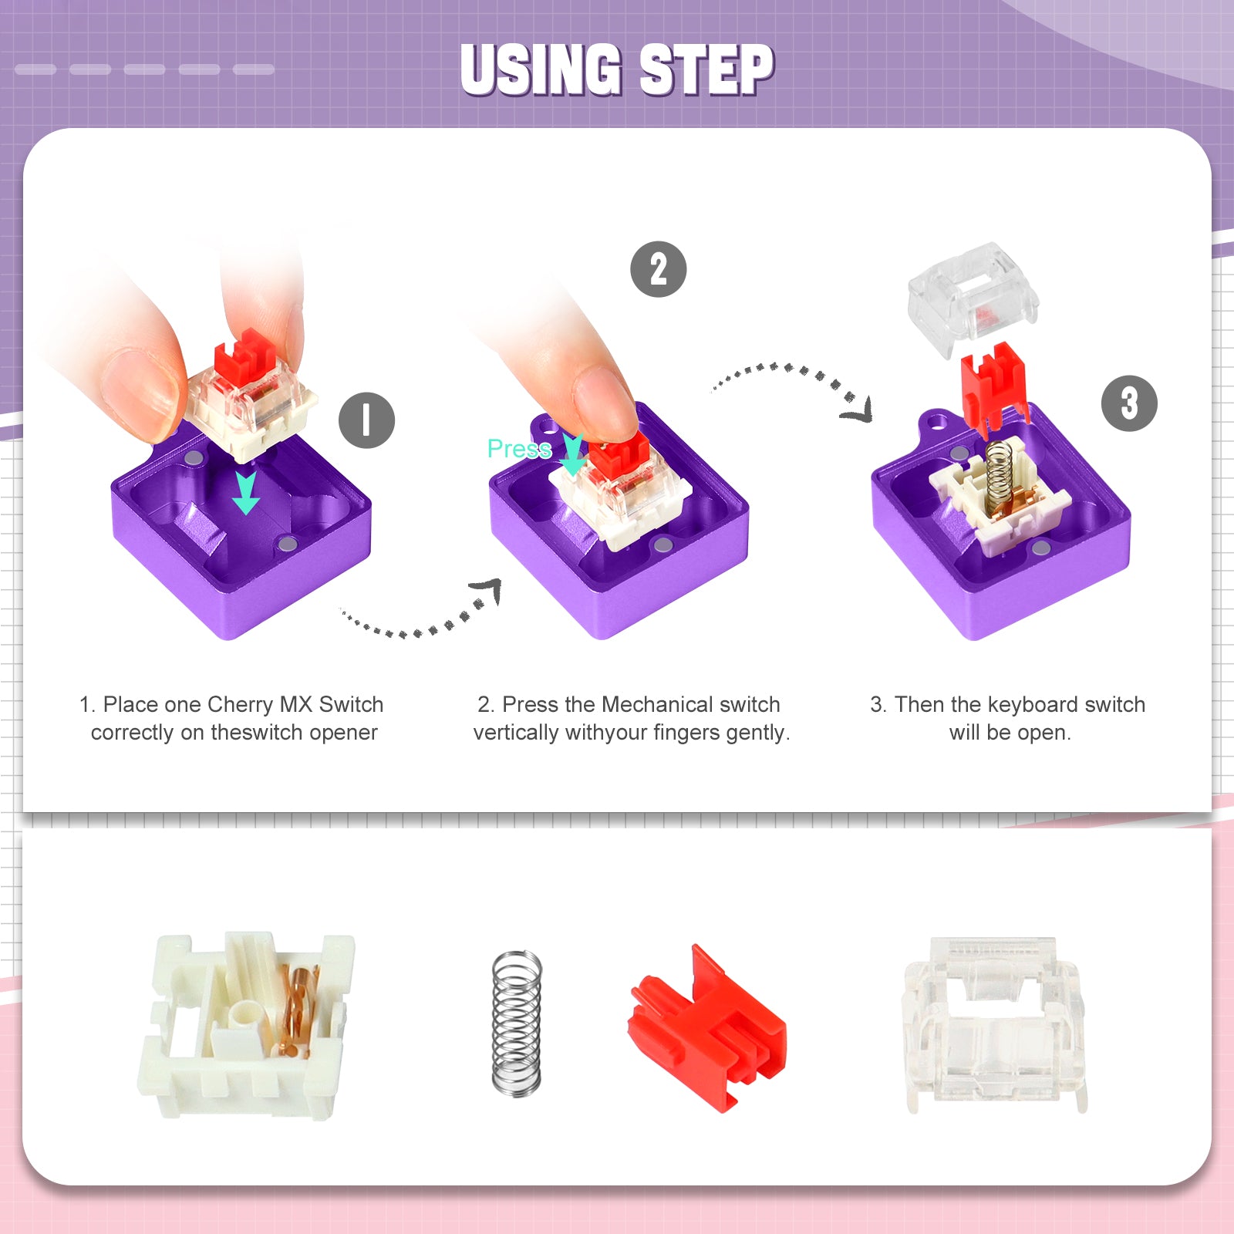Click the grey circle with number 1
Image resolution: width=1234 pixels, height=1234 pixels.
[366, 420]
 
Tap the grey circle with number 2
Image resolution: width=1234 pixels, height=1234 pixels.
[658, 269]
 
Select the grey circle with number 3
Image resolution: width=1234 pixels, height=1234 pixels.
[1129, 403]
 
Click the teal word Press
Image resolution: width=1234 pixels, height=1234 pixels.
[519, 449]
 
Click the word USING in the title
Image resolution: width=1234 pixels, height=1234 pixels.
[541, 69]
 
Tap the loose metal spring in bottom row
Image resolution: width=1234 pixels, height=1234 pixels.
[517, 1022]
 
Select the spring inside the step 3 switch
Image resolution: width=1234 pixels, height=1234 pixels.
[1000, 474]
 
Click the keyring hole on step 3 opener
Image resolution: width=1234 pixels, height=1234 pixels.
[936, 422]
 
